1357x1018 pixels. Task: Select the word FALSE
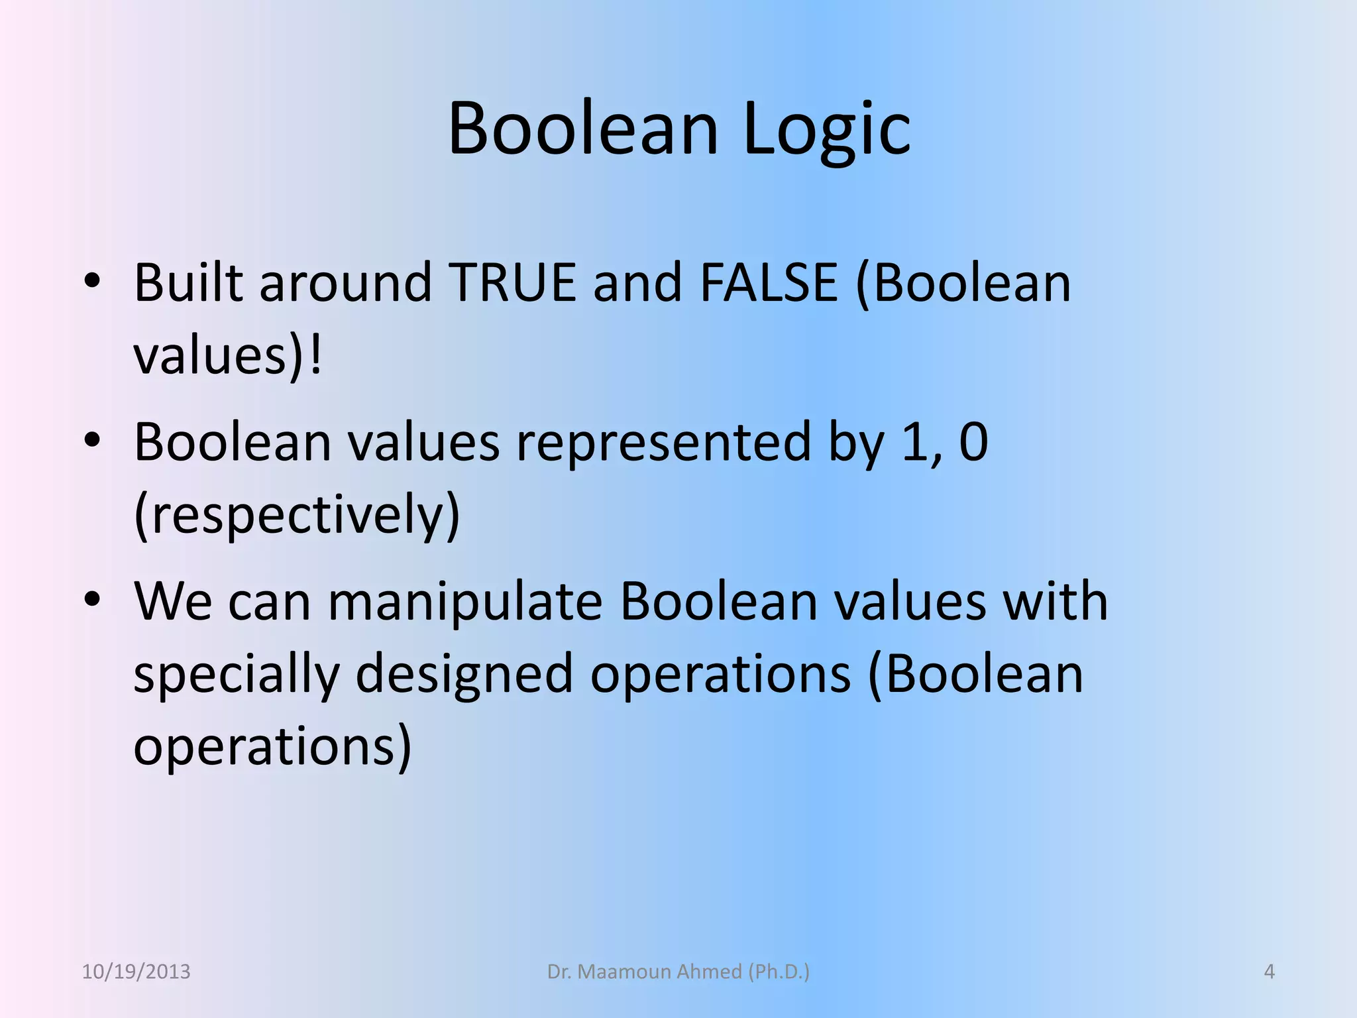(x=769, y=283)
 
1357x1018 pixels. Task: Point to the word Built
(x=188, y=283)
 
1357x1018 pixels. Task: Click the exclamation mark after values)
(x=315, y=356)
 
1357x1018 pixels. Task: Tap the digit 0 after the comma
(x=973, y=442)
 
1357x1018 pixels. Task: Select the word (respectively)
(x=297, y=515)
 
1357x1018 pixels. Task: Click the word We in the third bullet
(x=173, y=602)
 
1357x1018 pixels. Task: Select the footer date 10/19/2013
(x=136, y=972)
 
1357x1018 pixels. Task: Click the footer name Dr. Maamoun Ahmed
(x=678, y=972)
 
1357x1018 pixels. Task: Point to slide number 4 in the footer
(x=1269, y=972)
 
